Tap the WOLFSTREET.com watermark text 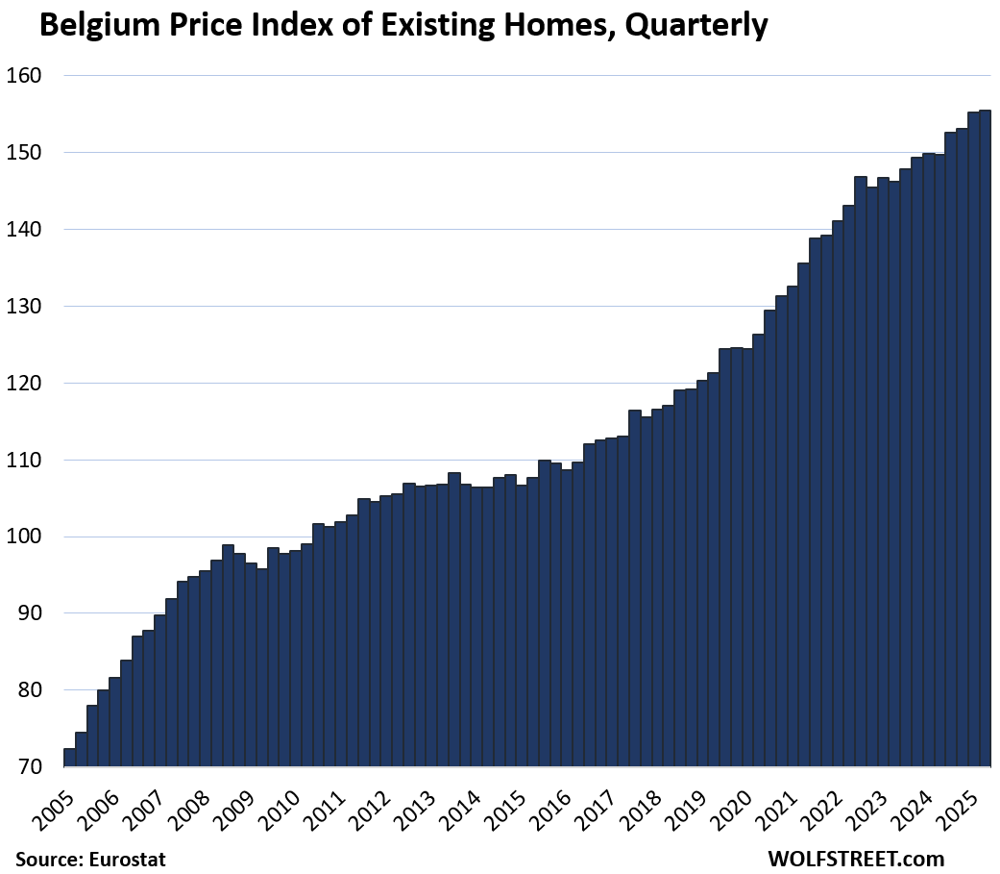(x=856, y=859)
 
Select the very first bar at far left (x=69, y=758)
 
